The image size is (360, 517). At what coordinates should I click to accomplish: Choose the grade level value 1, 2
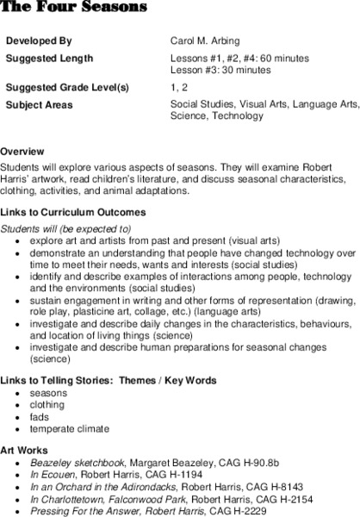[179, 89]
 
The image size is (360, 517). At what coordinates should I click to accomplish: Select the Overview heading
[23, 140]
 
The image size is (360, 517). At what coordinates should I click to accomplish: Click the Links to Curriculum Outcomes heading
[72, 212]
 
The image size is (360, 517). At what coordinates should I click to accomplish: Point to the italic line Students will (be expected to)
[65, 228]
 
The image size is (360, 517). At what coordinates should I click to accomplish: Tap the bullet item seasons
[49, 393]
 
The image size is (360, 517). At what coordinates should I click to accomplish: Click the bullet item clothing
[48, 405]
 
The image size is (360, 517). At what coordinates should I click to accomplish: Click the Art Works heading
[24, 448]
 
